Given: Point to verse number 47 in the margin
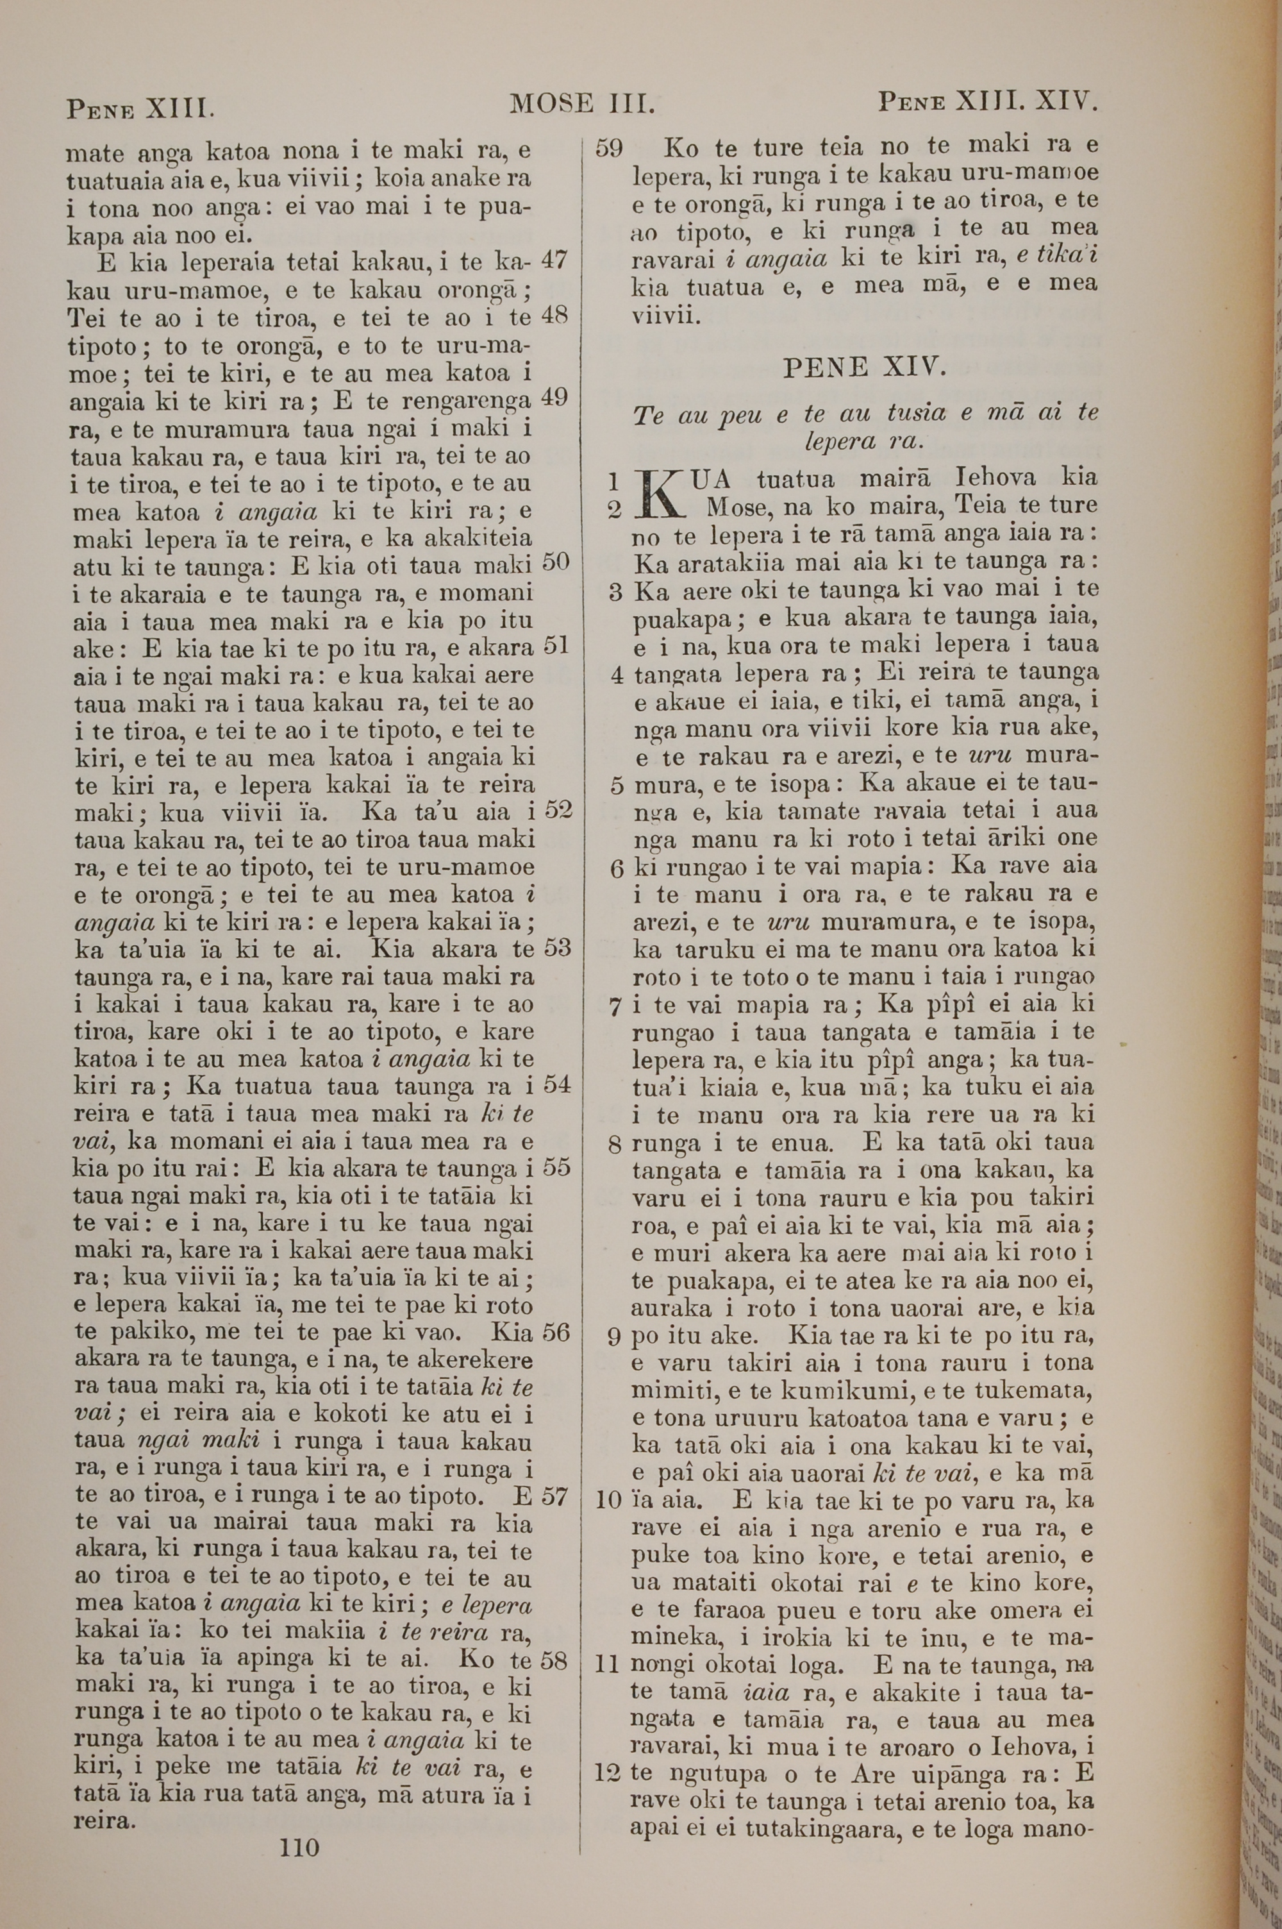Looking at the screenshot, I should coord(554,260).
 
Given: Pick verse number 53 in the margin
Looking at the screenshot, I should coord(555,948).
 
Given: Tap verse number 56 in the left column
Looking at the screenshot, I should coord(555,1333).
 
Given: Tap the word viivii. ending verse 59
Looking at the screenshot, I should coord(667,316).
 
